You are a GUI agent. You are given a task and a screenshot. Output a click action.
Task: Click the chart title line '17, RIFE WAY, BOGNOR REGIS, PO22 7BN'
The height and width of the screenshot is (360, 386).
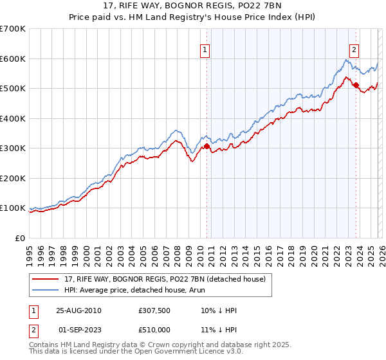[x=193, y=6]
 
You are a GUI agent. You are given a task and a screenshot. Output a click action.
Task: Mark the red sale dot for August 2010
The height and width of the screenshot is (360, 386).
[x=207, y=146]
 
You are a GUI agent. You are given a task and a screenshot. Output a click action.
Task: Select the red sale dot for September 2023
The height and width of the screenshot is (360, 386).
[x=356, y=85]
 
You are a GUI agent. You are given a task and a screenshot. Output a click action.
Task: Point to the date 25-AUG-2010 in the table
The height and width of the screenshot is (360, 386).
[x=79, y=310]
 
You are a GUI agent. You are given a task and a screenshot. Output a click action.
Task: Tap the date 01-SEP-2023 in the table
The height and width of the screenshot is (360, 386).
[x=79, y=330]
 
